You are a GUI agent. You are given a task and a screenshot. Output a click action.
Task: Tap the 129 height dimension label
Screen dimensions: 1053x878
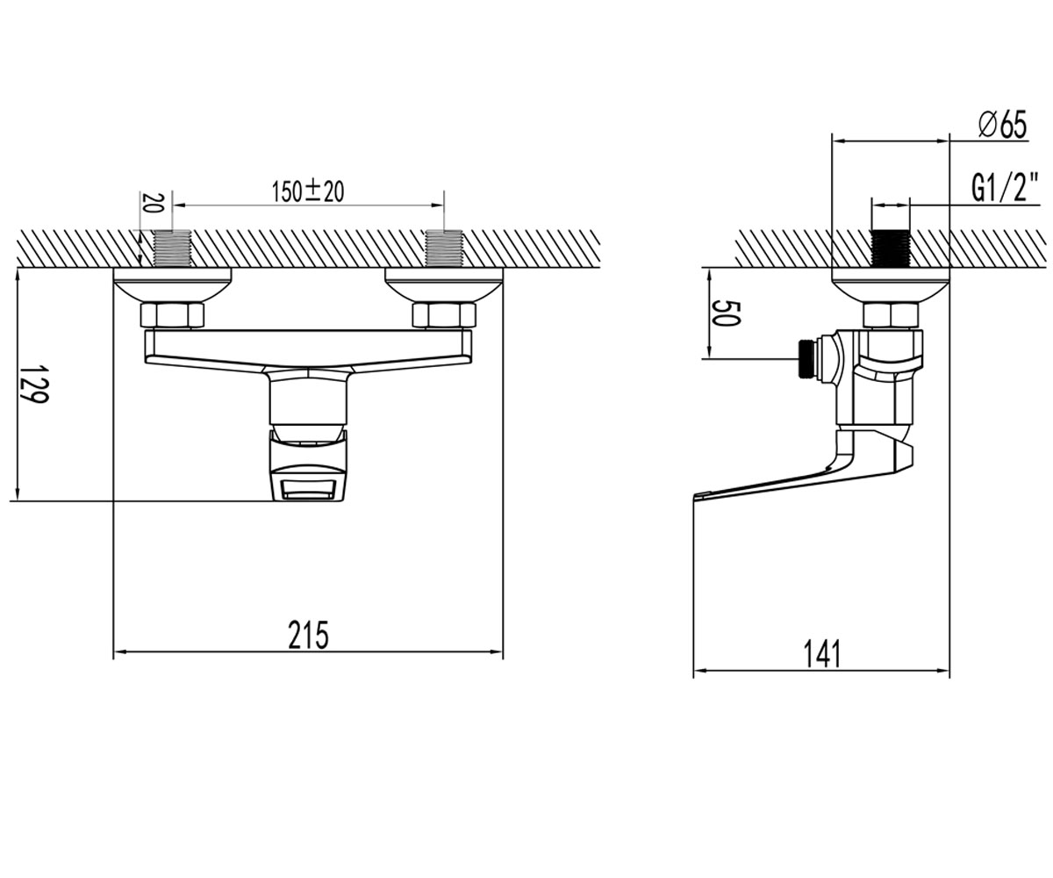(33, 384)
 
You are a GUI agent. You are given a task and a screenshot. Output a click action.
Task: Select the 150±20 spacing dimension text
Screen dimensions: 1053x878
(308, 191)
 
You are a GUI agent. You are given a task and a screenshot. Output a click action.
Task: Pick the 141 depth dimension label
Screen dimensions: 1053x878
(822, 654)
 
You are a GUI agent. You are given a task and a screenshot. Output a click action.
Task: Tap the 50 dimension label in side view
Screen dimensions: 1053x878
(725, 313)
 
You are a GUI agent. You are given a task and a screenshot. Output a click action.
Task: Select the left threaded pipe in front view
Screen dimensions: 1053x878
(173, 248)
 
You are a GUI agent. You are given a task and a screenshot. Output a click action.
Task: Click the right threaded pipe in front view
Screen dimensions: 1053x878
(444, 248)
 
